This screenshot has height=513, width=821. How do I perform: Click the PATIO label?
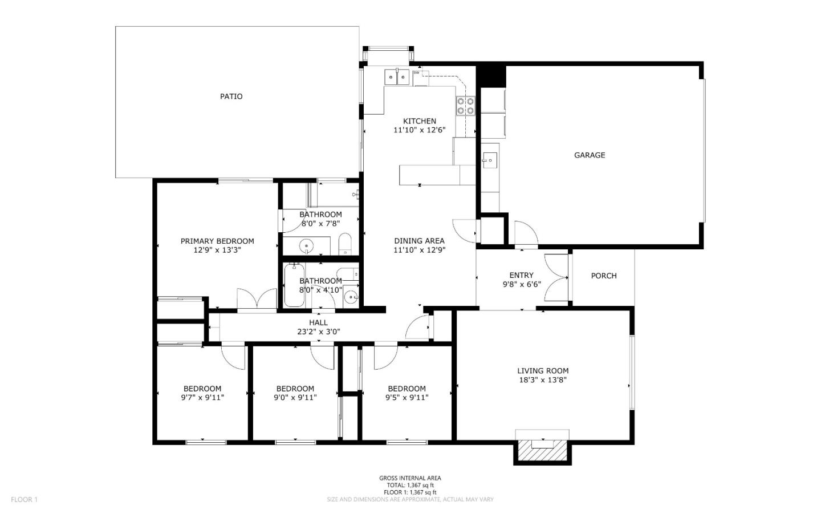tap(231, 96)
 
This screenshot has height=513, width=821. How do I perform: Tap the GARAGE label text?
tap(589, 155)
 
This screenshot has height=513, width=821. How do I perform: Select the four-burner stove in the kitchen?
tap(466, 106)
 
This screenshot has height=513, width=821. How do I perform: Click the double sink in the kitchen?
tap(397, 76)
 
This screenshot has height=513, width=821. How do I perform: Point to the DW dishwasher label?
tap(417, 73)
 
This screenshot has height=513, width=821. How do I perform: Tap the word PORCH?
tap(603, 276)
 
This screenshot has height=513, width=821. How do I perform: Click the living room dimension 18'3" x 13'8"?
tap(542, 379)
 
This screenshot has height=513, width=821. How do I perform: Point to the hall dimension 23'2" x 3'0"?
tap(318, 332)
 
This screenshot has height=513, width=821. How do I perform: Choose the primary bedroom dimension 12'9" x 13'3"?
tap(217, 250)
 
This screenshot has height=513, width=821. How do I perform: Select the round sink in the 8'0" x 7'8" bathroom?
tap(307, 246)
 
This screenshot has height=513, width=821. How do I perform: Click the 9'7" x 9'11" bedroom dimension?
tap(202, 398)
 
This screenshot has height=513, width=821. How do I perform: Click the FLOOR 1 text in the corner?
tap(24, 500)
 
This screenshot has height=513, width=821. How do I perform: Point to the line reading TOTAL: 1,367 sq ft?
tap(410, 485)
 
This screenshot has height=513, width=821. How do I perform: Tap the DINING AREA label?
tap(419, 241)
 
